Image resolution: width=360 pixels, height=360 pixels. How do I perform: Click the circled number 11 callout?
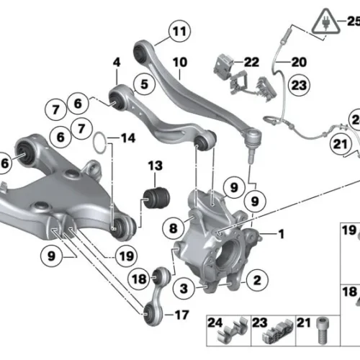click(179, 31)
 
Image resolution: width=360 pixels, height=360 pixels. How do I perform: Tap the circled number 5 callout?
click(144, 84)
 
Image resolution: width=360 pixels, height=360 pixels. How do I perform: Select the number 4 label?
click(117, 63)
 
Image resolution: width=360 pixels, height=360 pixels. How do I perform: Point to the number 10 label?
click(180, 63)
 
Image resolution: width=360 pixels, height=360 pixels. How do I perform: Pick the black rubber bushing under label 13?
click(156, 198)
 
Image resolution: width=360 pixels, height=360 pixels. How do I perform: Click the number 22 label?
click(251, 62)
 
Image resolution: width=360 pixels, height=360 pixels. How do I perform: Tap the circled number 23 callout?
click(299, 85)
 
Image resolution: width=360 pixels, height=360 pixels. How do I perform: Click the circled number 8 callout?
click(174, 228)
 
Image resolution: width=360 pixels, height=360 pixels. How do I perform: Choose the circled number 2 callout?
click(257, 280)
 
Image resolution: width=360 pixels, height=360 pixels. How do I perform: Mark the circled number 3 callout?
click(184, 288)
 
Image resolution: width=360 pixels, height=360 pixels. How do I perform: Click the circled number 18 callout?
click(139, 279)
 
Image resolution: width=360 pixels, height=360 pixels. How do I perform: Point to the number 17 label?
click(181, 315)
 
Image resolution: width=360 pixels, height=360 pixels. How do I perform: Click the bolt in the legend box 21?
click(323, 330)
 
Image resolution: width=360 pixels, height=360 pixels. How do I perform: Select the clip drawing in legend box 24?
click(233, 330)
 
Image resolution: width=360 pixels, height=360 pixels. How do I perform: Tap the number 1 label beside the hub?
click(282, 234)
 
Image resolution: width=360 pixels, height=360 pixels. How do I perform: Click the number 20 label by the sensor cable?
click(299, 62)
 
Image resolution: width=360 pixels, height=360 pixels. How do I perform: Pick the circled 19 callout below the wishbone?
click(127, 256)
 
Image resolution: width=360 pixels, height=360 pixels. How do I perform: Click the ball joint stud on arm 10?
click(251, 155)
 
